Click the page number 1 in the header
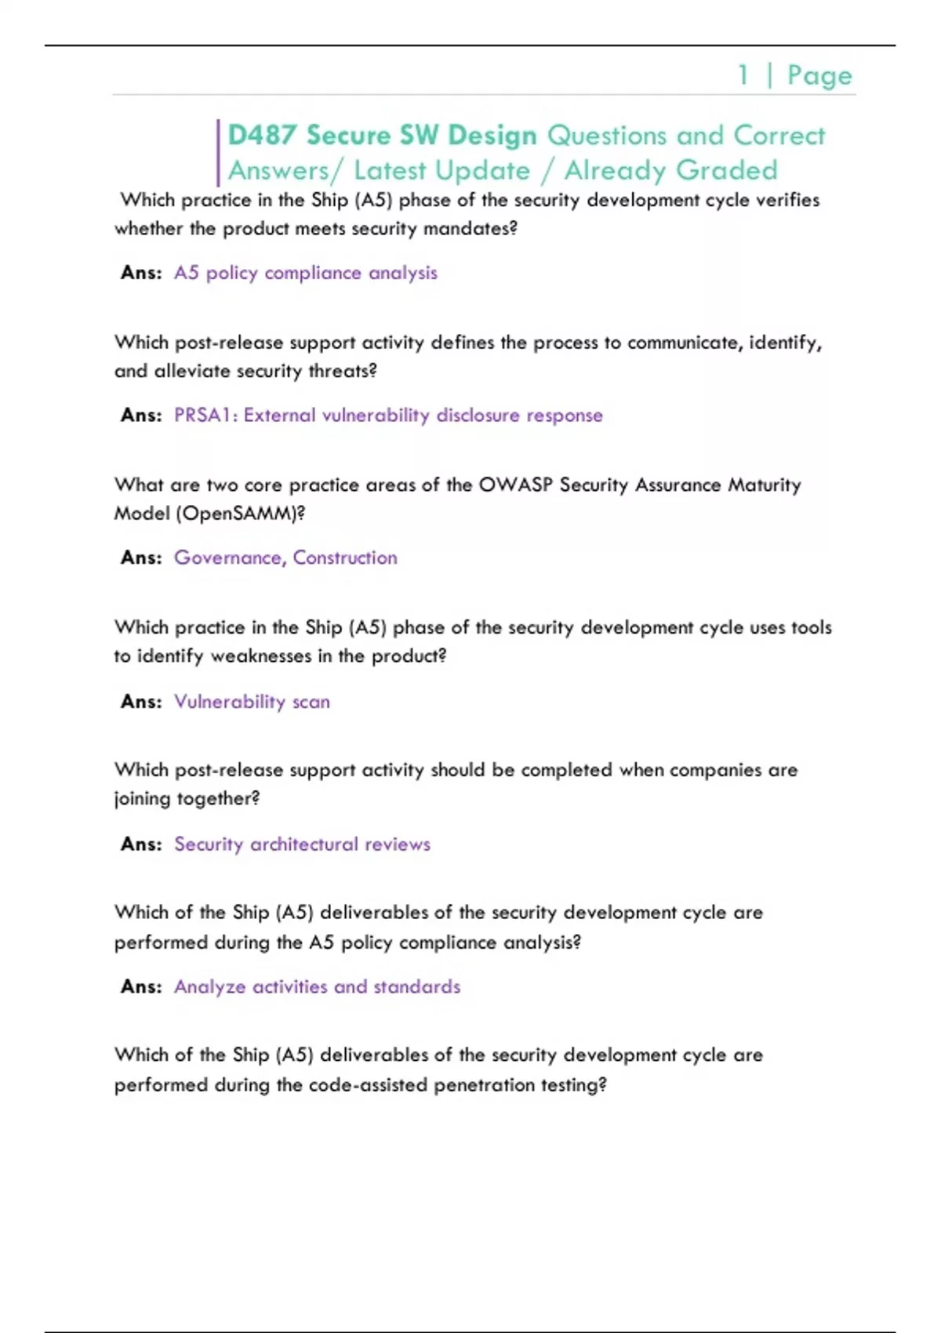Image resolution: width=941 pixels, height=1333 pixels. click(743, 75)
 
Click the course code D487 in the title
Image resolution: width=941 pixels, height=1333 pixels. click(262, 136)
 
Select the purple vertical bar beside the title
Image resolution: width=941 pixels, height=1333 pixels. click(218, 153)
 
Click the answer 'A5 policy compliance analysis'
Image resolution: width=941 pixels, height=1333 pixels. click(305, 273)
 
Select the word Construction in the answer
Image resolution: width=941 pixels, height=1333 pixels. click(345, 558)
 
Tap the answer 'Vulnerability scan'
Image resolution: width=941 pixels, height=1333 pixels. click(252, 701)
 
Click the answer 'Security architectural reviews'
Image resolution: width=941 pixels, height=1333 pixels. click(302, 844)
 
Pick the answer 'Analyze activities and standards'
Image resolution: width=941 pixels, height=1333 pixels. click(317, 986)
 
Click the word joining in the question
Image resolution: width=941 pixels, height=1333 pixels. click(143, 799)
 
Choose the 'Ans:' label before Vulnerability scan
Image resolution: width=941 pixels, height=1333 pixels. click(141, 701)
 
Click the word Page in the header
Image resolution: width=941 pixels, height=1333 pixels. click(819, 75)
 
